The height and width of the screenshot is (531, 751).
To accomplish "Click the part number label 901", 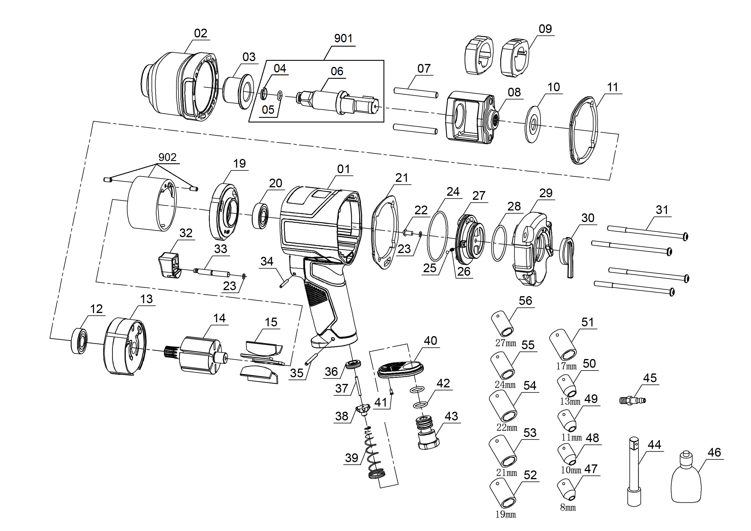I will pyautogui.click(x=343, y=39).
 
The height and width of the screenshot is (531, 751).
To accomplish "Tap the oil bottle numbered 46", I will pyautogui.click(x=686, y=481).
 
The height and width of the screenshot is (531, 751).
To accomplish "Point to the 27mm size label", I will pyautogui.click(x=506, y=343).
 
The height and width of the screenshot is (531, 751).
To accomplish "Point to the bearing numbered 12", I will pyautogui.click(x=79, y=341).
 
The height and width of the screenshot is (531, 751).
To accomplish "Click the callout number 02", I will pyautogui.click(x=200, y=33).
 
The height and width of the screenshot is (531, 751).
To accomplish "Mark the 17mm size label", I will pyautogui.click(x=567, y=366).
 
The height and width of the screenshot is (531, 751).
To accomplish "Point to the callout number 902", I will pyautogui.click(x=167, y=157).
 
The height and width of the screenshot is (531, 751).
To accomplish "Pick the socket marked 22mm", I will pyautogui.click(x=503, y=407).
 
